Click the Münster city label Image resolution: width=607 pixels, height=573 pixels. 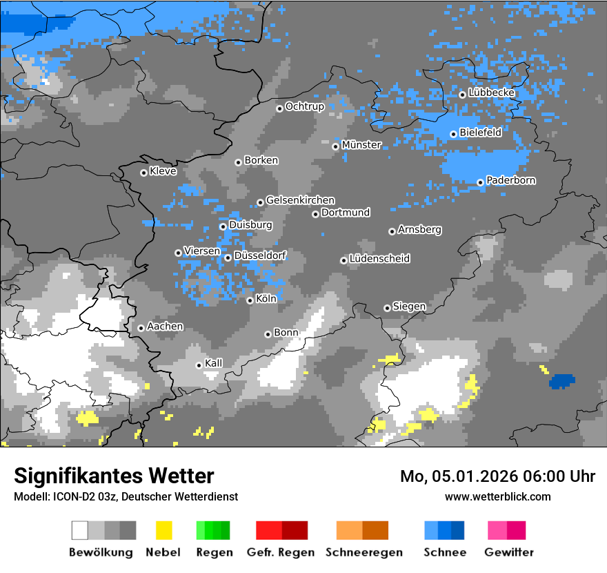click(361, 145)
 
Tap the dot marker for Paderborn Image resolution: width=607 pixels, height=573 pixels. click(480, 182)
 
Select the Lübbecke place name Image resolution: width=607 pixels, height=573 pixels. click(491, 93)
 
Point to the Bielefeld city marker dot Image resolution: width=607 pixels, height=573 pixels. click(453, 134)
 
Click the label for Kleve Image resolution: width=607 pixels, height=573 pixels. click(163, 171)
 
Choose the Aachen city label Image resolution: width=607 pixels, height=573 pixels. click(165, 326)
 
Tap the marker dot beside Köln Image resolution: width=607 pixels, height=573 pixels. click(250, 300)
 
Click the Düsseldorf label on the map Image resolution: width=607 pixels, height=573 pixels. click(260, 255)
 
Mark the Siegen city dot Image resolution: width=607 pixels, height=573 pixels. click(387, 308)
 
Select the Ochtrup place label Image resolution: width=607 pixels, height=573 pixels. click(304, 106)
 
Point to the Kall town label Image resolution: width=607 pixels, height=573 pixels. click(214, 363)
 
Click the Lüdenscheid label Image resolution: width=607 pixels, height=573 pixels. click(379, 258)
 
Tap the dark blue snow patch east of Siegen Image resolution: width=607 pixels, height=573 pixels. click(561, 380)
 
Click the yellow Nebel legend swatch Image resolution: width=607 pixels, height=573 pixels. click(163, 530)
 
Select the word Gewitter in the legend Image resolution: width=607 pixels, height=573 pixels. click(508, 552)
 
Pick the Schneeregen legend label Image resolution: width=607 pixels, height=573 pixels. click(363, 552)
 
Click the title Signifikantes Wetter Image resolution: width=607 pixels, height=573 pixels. click(114, 476)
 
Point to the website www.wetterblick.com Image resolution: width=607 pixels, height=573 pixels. click(497, 496)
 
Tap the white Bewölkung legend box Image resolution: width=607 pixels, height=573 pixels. click(80, 530)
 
